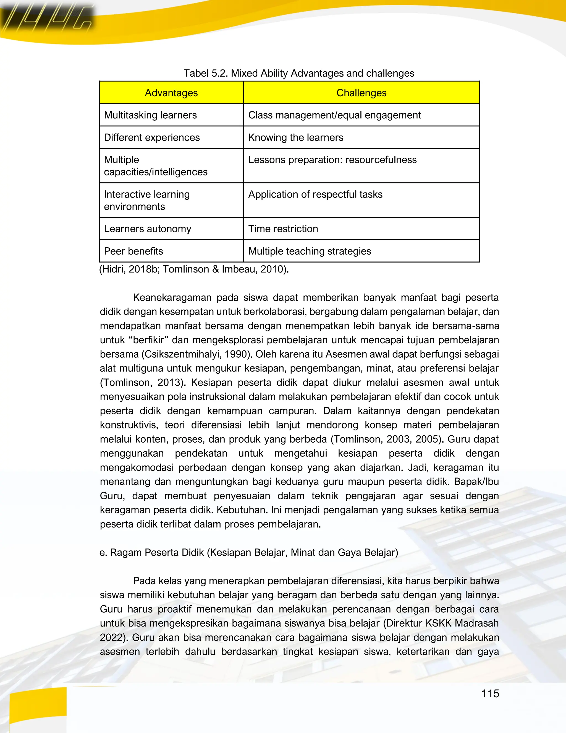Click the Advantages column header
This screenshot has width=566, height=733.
(171, 93)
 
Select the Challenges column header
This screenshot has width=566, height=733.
(361, 93)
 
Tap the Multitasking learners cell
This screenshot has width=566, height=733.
(150, 115)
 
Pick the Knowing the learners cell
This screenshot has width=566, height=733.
(295, 137)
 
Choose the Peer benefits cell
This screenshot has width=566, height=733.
(133, 251)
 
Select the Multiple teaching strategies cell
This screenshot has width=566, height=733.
(310, 251)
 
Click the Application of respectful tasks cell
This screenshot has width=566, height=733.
(315, 195)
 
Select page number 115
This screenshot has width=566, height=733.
(490, 693)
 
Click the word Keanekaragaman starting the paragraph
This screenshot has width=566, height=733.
(171, 298)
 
